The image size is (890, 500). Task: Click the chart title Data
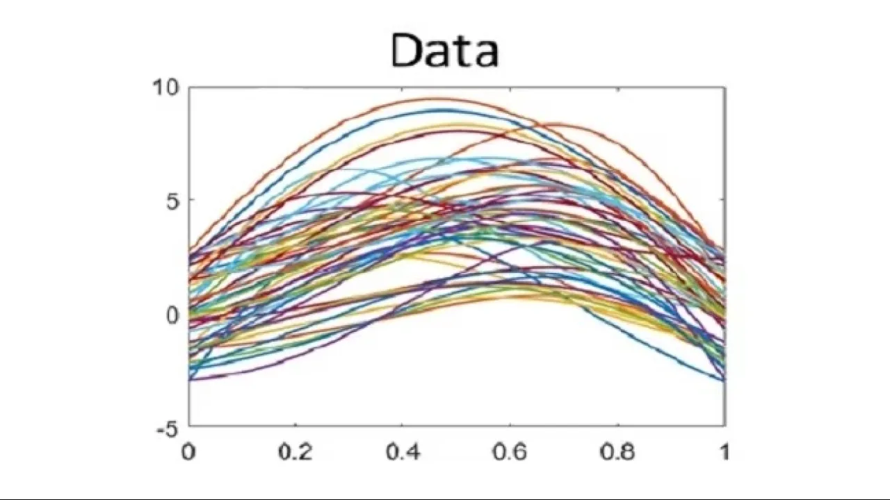click(445, 51)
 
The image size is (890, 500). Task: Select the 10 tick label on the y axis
click(166, 88)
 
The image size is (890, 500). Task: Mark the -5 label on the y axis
click(167, 428)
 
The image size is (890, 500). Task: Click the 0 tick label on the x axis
click(188, 452)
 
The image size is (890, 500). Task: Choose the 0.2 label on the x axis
click(295, 452)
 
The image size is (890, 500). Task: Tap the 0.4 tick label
click(403, 452)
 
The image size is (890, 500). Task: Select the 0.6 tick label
click(510, 452)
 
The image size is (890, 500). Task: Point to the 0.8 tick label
click(617, 452)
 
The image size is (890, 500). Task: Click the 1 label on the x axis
click(725, 452)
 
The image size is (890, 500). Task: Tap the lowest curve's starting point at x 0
click(190, 379)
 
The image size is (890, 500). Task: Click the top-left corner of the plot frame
click(189, 87)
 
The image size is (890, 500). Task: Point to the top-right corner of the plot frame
click(725, 87)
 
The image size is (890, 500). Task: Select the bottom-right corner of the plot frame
click(725, 426)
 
